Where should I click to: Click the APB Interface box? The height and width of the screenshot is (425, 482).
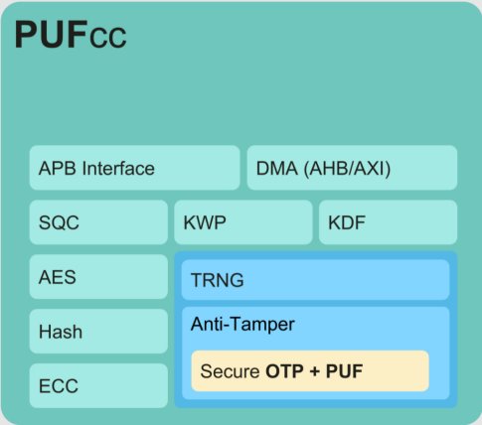point(134,168)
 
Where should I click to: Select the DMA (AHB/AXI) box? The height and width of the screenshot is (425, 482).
point(352,168)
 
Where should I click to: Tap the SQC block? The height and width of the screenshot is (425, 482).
point(98,222)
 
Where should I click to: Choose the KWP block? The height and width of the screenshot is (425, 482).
point(243,222)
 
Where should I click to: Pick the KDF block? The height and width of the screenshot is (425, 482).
point(388,222)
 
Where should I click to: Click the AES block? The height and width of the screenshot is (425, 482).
point(98,277)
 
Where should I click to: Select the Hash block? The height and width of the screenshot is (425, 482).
point(98,331)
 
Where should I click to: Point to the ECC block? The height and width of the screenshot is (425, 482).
point(98,385)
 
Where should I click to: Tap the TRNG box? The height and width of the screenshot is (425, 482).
point(315,280)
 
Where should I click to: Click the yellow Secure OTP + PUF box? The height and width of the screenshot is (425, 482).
point(310,371)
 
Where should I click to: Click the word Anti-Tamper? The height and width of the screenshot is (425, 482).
point(242,324)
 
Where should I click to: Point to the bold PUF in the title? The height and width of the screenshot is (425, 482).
point(52,35)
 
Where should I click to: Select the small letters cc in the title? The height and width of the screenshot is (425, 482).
point(108,38)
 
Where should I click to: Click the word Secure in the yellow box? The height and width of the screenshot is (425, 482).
point(230,371)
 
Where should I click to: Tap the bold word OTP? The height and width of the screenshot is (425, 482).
point(284,371)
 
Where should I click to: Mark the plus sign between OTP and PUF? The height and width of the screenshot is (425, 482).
point(315,371)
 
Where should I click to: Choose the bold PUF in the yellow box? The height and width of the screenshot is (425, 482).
point(344,371)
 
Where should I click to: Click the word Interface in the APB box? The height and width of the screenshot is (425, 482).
point(118,168)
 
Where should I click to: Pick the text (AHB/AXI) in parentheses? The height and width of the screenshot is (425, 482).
point(347,169)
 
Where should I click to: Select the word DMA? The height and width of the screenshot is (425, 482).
point(277,168)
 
